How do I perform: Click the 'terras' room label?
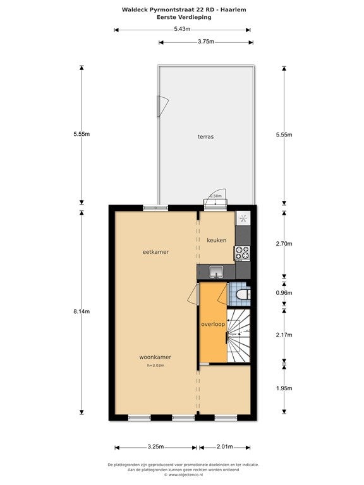click(x=205, y=136)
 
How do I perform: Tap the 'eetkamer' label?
click(x=155, y=252)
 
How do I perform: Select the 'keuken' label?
click(x=217, y=240)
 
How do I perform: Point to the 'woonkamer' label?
click(x=155, y=357)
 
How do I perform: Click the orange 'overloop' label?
click(x=213, y=324)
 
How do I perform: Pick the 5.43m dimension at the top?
click(x=182, y=29)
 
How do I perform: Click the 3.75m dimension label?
click(x=206, y=42)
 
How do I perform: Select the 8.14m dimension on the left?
click(x=82, y=311)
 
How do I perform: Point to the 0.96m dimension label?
click(x=284, y=294)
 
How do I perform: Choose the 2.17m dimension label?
click(x=284, y=335)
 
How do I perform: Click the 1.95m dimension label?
click(x=284, y=388)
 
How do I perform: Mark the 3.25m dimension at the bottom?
click(x=155, y=447)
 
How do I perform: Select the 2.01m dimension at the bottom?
click(x=225, y=447)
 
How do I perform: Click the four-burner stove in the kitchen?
click(x=243, y=253)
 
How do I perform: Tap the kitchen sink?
click(x=217, y=272)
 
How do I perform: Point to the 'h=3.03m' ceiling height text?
click(x=155, y=366)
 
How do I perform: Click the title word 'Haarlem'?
click(x=227, y=9)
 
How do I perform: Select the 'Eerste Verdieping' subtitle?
click(x=185, y=17)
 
